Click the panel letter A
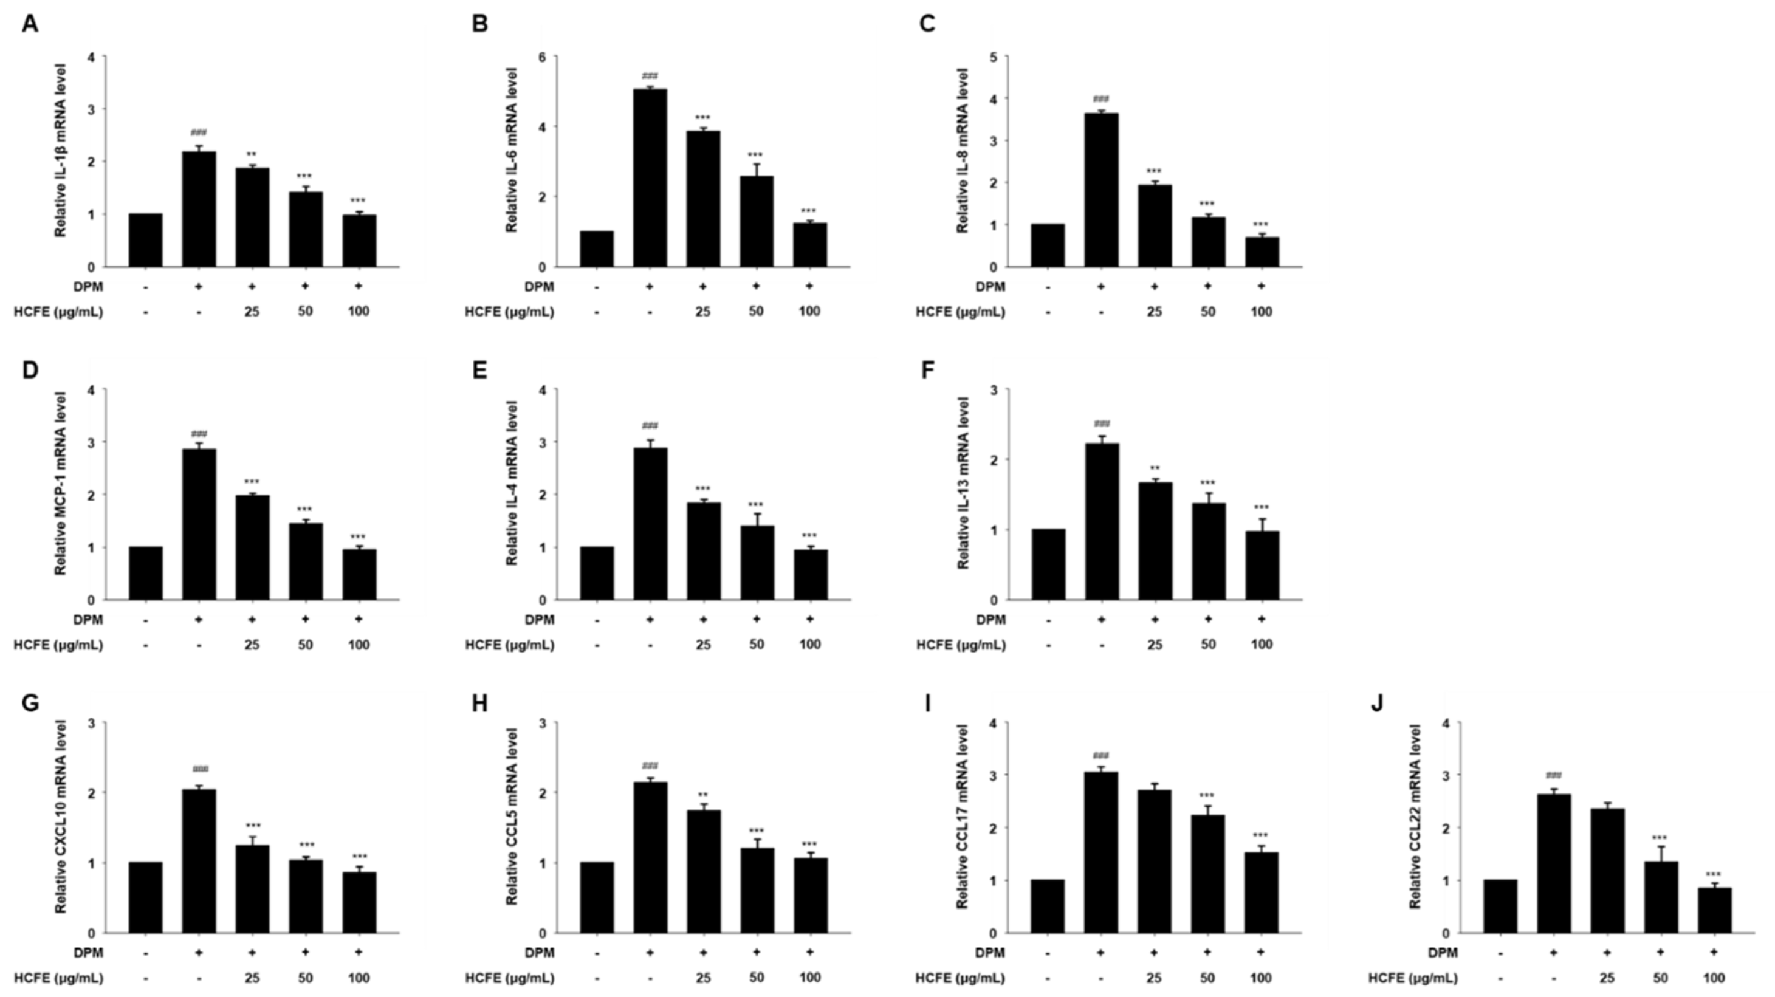[x=30, y=25]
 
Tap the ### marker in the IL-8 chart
[x=1101, y=99]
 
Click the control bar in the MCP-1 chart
[x=145, y=574]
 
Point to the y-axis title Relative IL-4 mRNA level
[x=512, y=482]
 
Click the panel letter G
[x=30, y=704]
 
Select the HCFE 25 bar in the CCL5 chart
[x=703, y=872]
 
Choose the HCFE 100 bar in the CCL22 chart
[x=1714, y=910]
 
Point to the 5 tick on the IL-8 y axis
[x=994, y=57]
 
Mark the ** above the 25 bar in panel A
[x=252, y=154]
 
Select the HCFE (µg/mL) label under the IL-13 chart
[x=960, y=645]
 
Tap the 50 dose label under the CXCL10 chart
[x=305, y=978]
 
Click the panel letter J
[x=1378, y=704]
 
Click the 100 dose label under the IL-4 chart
[x=809, y=645]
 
